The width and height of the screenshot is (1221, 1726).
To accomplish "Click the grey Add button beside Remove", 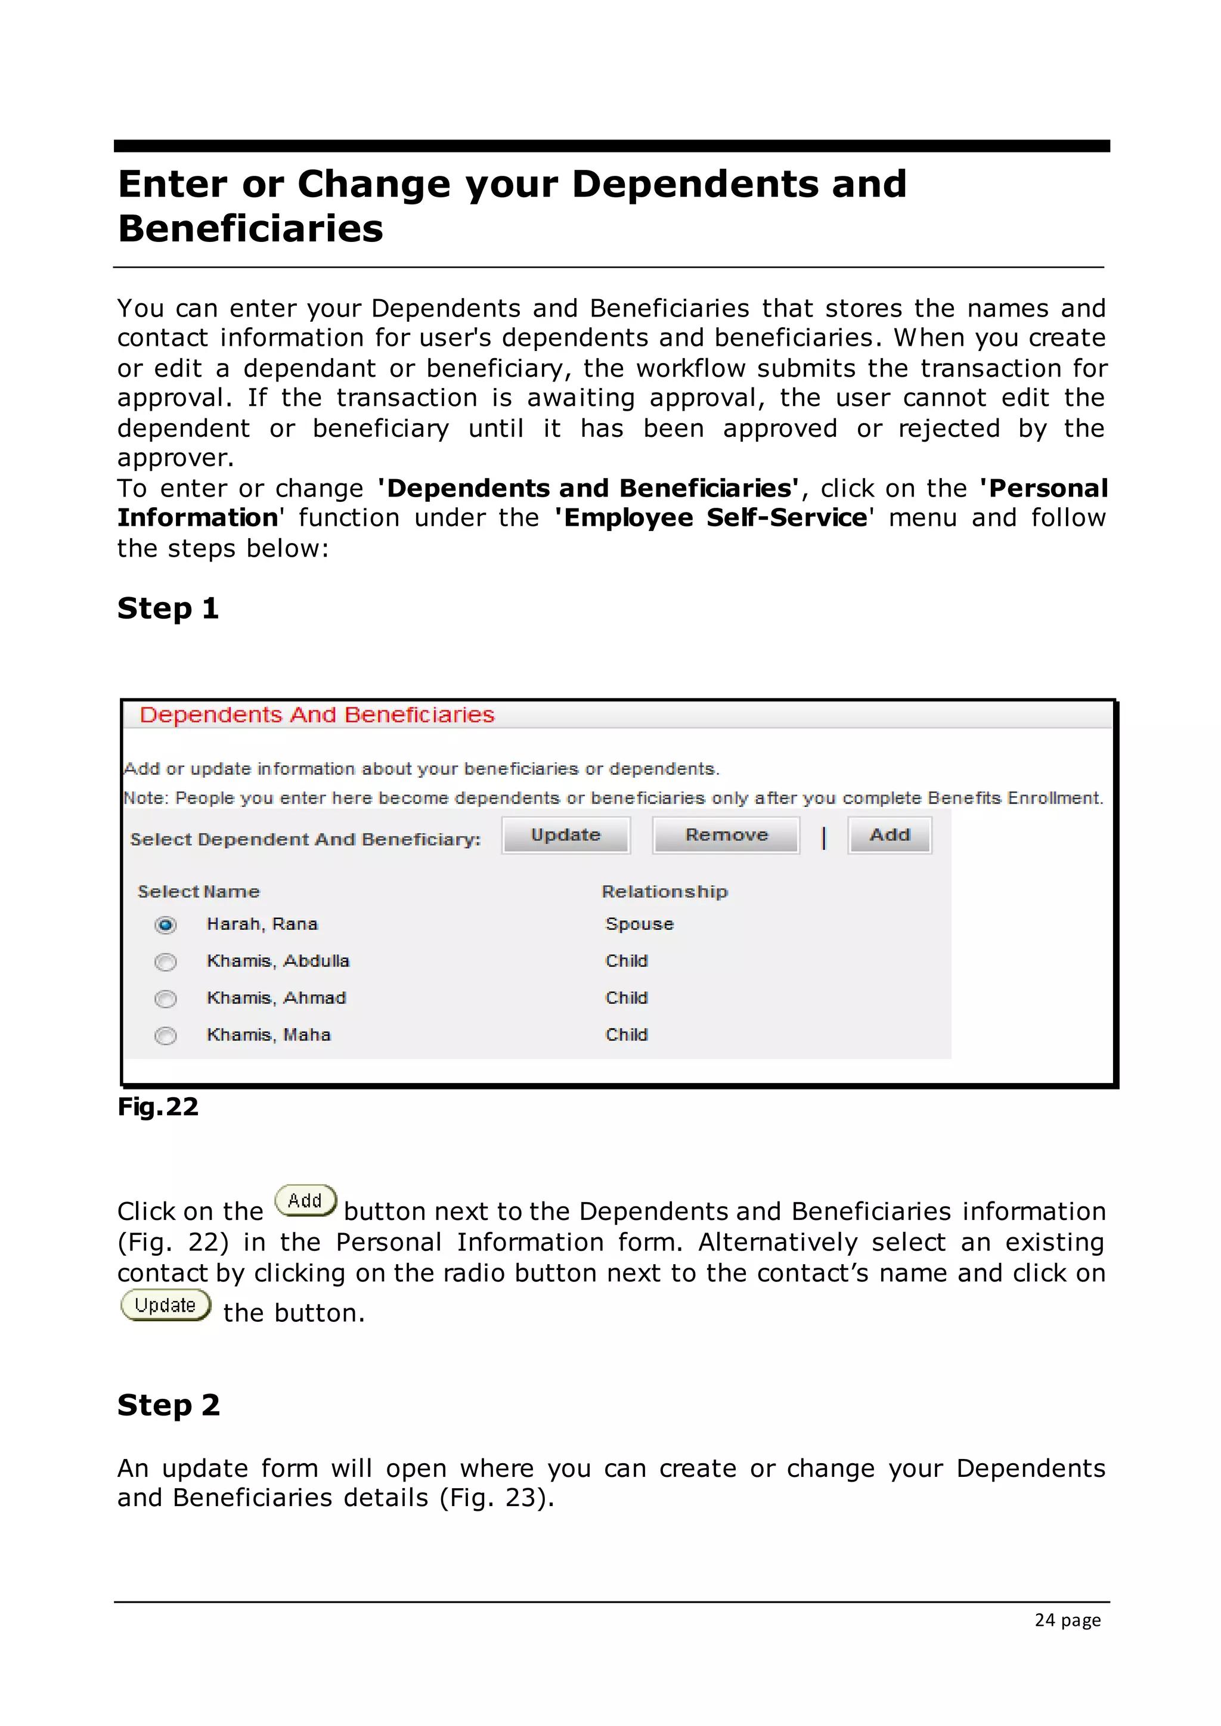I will coord(890,835).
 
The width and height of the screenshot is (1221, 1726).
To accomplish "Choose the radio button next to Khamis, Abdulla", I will coord(165,961).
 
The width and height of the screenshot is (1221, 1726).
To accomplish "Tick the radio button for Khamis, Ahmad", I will coord(165,998).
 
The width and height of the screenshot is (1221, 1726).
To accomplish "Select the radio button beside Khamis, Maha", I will coord(165,1035).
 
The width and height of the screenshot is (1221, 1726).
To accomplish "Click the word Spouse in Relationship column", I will coord(639,924).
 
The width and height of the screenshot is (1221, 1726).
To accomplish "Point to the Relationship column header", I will coord(665,892).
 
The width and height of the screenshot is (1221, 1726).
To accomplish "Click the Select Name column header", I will coord(199,892).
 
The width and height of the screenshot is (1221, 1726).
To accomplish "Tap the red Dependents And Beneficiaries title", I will coord(317,715).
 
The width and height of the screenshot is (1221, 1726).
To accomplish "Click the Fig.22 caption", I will coord(158,1107).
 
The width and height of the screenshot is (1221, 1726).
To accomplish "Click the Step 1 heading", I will coord(168,608).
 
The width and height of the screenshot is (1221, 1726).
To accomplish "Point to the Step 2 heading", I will coord(168,1405).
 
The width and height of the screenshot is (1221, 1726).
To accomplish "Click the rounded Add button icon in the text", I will coord(305,1200).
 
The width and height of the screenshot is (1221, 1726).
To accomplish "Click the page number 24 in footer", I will coord(1045,1620).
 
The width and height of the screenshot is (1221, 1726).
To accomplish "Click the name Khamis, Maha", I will coord(268,1035).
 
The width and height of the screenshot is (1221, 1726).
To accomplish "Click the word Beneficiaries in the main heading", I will coord(250,228).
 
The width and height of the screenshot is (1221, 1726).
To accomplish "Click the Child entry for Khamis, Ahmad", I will coord(626,998).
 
